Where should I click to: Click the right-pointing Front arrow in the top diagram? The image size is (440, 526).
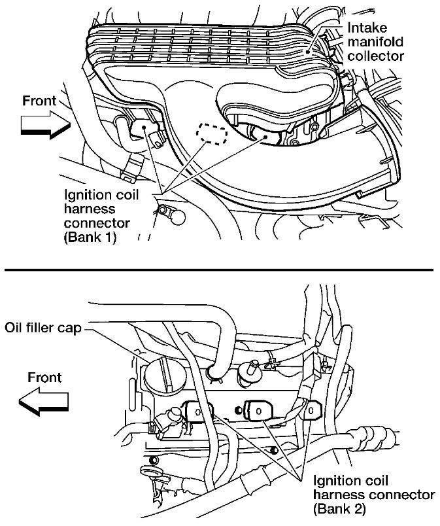pos(46,125)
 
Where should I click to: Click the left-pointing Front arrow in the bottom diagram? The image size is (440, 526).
pos(44,401)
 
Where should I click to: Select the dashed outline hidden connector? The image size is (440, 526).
pos(212,134)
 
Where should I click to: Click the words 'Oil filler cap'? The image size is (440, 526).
pos(43,327)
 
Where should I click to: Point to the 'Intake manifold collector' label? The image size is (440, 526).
pos(376,42)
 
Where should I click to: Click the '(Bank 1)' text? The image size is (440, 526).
pos(90,237)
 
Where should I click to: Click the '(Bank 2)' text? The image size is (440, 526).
pos(339,509)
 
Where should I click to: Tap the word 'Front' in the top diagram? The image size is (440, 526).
pos(39,101)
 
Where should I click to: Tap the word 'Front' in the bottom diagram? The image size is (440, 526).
pos(44,377)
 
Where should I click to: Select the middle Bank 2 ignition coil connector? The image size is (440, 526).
pos(258,410)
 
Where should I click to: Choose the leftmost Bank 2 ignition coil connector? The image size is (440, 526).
pos(199,412)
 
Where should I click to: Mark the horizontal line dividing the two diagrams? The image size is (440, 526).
pos(218,270)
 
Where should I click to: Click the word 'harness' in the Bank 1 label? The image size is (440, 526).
pos(90,209)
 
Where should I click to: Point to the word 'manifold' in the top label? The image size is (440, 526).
pos(375,42)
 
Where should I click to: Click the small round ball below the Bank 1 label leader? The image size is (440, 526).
pos(178,218)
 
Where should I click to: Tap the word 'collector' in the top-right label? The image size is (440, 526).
pos(376,56)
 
